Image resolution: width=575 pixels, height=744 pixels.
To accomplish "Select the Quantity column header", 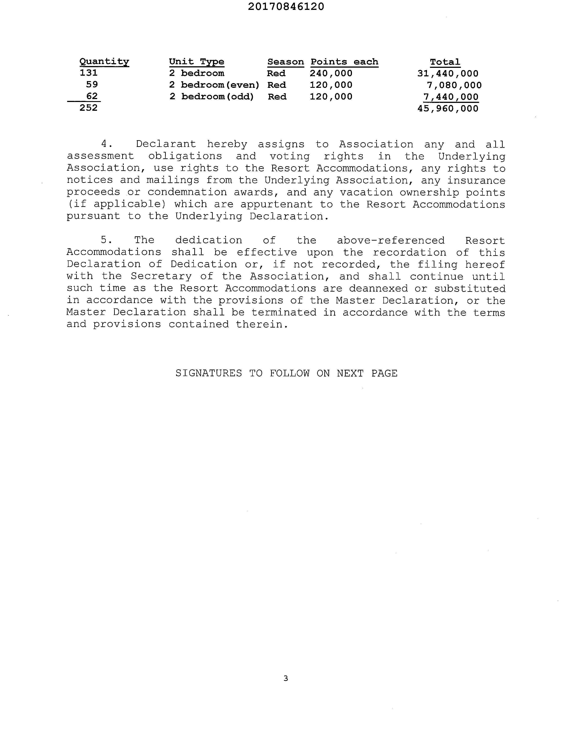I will (x=104, y=62).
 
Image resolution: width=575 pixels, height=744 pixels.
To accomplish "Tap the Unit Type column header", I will (x=197, y=62).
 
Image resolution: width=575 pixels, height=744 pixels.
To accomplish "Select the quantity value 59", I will (x=92, y=84).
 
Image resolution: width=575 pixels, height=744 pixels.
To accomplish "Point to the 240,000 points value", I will (x=331, y=73).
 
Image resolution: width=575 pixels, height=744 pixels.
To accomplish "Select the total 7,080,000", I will (x=454, y=85).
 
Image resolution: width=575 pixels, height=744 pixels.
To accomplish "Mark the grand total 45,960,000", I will (x=448, y=109).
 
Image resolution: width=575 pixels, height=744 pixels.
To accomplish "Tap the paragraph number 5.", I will (x=106, y=240).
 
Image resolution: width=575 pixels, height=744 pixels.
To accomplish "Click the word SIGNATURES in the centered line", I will (x=208, y=373).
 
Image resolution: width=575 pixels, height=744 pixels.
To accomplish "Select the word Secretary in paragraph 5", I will (x=161, y=276).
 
